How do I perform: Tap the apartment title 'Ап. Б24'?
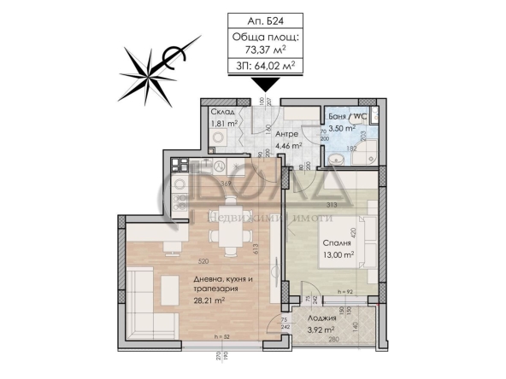265,24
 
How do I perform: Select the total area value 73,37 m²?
265,50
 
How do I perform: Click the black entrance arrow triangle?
267,84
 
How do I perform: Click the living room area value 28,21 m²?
174,300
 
